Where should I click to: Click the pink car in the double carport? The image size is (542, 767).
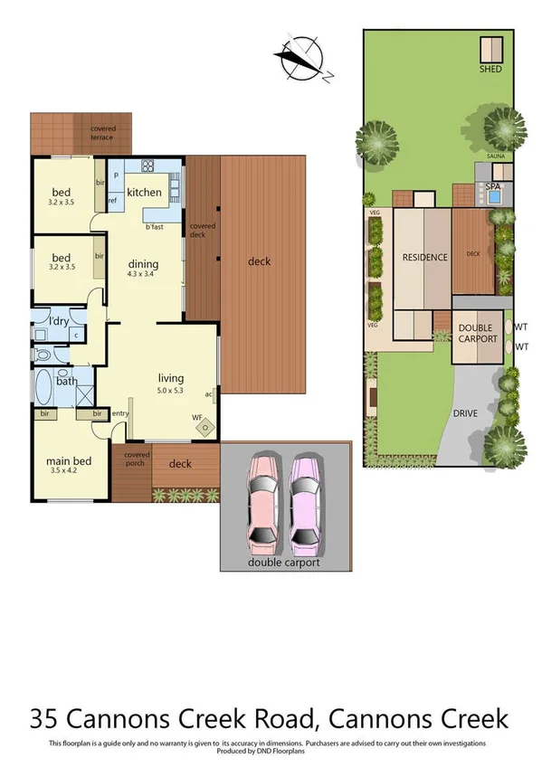(x=262, y=504)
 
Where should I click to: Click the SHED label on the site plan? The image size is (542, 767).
(x=491, y=69)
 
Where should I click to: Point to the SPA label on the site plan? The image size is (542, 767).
(x=493, y=186)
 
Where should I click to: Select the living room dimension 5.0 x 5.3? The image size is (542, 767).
(x=171, y=391)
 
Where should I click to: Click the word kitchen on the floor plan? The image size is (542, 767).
(x=144, y=192)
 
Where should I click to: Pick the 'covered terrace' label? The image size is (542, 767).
(x=102, y=132)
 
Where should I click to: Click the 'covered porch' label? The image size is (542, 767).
(x=137, y=459)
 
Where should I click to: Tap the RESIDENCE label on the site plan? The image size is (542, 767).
(x=424, y=257)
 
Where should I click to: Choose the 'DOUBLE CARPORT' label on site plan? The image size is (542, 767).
(x=478, y=333)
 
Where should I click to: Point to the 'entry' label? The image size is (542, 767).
(x=119, y=413)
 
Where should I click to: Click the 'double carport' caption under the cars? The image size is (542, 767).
(x=284, y=562)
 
